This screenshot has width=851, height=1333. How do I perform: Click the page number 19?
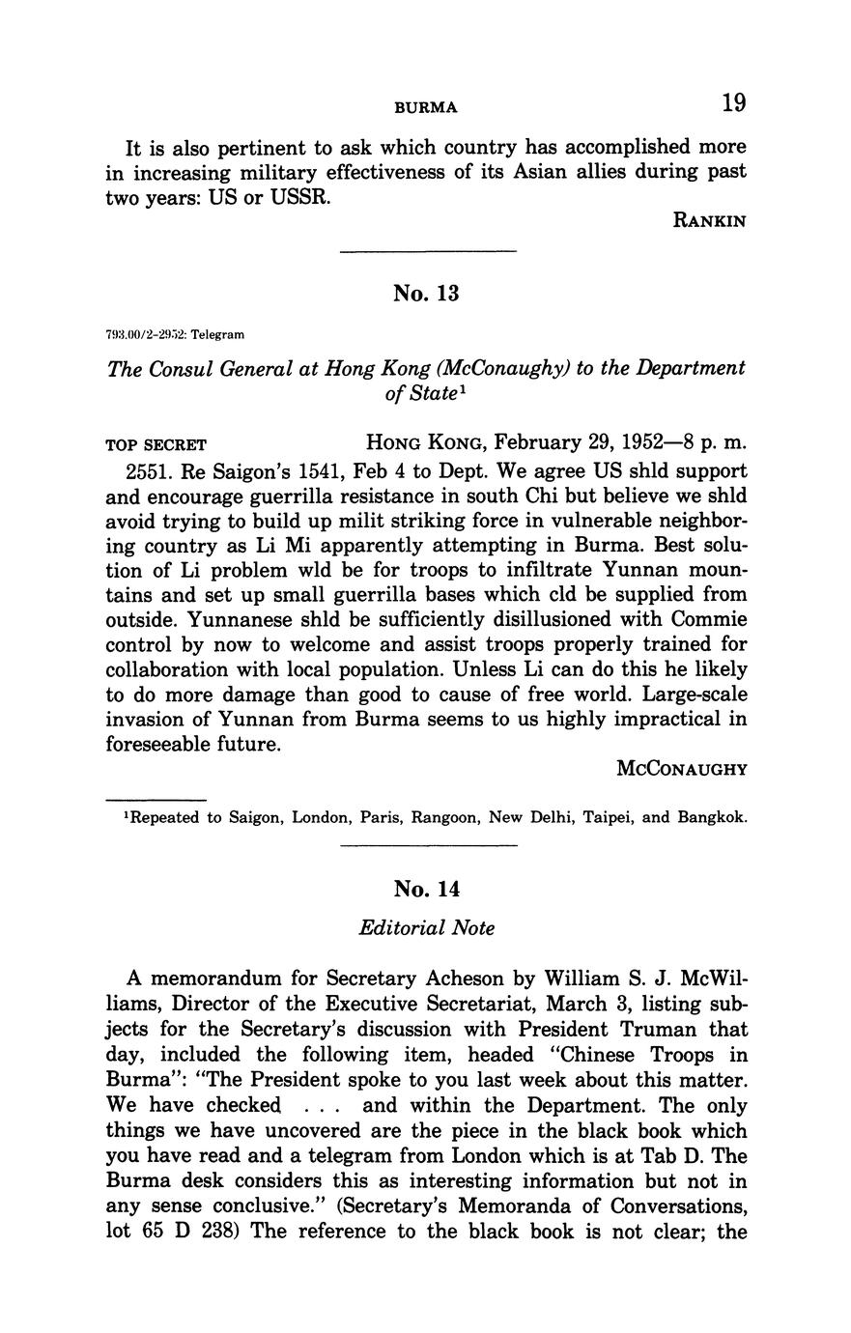pyautogui.click(x=733, y=103)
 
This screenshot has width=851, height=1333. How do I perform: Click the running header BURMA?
pyautogui.click(x=426, y=107)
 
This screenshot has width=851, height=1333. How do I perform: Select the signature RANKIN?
pyautogui.click(x=709, y=221)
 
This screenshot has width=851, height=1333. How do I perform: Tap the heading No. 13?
pyautogui.click(x=425, y=293)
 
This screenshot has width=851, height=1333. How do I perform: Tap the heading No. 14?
pyautogui.click(x=425, y=888)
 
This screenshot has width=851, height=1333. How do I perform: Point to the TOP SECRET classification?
pyautogui.click(x=156, y=445)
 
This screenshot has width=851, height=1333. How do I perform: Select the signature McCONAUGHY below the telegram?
pyautogui.click(x=681, y=770)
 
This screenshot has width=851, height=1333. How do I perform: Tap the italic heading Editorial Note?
pyautogui.click(x=426, y=928)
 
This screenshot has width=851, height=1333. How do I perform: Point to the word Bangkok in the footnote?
pyautogui.click(x=711, y=817)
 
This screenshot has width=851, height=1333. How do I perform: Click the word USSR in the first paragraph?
pyautogui.click(x=299, y=197)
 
